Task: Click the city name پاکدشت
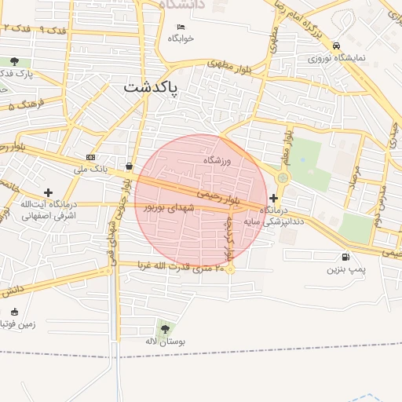pyautogui.click(x=151, y=89)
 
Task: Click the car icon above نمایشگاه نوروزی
pyautogui.click(x=336, y=46)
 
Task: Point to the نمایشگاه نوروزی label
pyautogui.click(x=337, y=57)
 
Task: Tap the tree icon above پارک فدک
pyautogui.click(x=14, y=61)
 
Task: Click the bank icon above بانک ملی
pyautogui.click(x=90, y=157)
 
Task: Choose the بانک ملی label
pyautogui.click(x=88, y=169)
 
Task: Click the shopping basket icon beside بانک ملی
pyautogui.click(x=128, y=166)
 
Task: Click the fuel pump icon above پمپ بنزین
pyautogui.click(x=345, y=258)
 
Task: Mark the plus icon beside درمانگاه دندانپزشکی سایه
pyautogui.click(x=273, y=198)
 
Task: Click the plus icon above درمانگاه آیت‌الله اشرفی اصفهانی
pyautogui.click(x=49, y=192)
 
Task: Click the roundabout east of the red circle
pyautogui.click(x=283, y=177)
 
